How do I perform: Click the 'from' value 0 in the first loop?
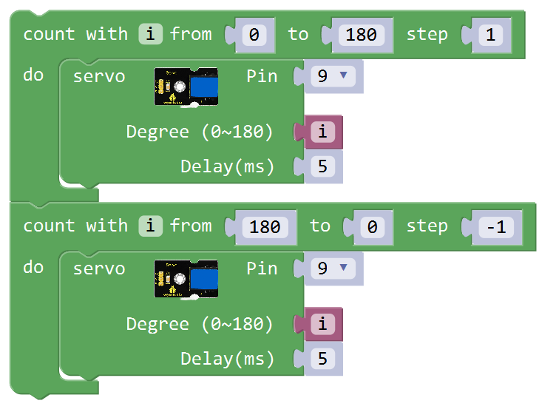(x=254, y=35)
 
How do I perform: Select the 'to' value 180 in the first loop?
(x=361, y=35)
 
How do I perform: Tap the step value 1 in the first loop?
(x=489, y=35)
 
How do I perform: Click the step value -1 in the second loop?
(x=496, y=227)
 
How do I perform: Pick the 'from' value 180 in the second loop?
(x=265, y=227)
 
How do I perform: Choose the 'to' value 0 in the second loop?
(x=372, y=227)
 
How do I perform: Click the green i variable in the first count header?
(x=149, y=34)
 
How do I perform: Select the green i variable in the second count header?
(x=149, y=226)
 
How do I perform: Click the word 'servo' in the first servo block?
(x=99, y=77)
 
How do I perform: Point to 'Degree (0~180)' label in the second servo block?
(x=200, y=325)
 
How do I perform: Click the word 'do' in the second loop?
(x=33, y=267)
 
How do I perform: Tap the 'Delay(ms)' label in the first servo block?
(x=228, y=167)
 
